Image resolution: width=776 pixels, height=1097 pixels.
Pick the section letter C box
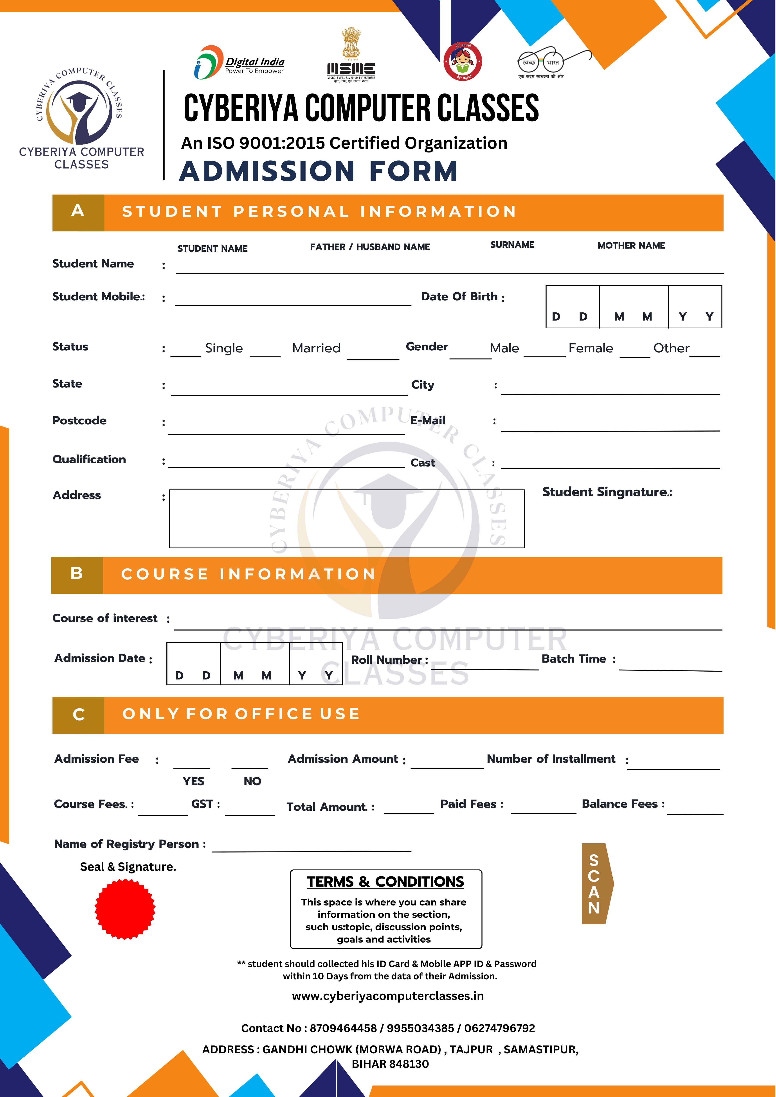coord(78,715)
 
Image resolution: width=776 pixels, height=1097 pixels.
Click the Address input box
coord(347,518)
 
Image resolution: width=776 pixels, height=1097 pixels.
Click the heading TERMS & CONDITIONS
coord(385,882)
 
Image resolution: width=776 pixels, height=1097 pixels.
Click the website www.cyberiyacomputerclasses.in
coord(388,996)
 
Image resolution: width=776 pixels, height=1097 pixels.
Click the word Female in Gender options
coord(591,348)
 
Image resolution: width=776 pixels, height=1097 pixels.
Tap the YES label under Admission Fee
coord(193,781)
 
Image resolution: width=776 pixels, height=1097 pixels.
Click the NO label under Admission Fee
coord(252,781)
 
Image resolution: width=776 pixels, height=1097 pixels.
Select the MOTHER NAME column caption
coord(631,246)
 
